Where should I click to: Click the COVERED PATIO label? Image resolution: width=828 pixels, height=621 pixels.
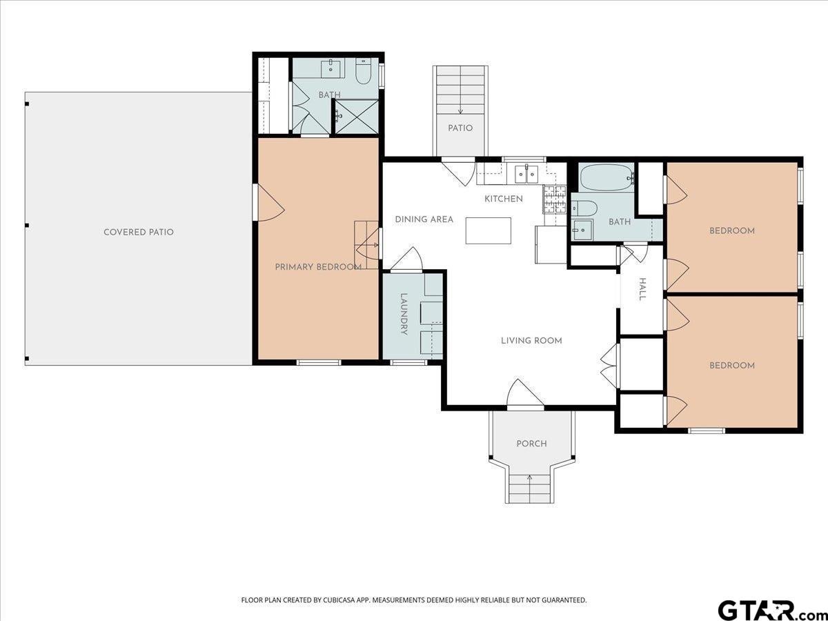[139, 233]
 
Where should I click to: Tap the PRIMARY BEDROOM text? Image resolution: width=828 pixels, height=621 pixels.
[318, 267]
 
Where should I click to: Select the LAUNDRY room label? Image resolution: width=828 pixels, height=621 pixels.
[404, 314]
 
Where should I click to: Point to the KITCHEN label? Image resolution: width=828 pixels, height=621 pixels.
[504, 199]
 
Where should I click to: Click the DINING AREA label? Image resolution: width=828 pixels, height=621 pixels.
[424, 219]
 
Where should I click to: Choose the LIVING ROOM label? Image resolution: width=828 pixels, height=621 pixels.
[531, 341]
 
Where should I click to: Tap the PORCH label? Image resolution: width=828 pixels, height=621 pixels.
[531, 444]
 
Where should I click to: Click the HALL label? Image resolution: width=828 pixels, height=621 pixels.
[642, 290]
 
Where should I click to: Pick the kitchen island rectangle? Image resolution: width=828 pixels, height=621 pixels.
[488, 230]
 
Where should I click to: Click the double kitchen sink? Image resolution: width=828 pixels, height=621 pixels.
[526, 174]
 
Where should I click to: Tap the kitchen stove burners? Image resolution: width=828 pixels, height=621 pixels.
[555, 200]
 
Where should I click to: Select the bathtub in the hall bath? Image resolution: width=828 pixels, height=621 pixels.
[607, 177]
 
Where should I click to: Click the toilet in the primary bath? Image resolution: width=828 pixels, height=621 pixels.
[364, 72]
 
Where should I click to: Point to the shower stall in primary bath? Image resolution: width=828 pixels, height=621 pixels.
[357, 117]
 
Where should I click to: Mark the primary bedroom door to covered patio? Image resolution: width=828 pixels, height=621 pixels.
[270, 202]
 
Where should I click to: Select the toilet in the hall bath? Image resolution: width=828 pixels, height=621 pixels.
[584, 208]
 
